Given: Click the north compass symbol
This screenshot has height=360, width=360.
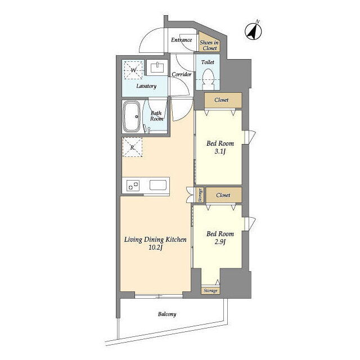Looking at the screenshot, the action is point(253,31).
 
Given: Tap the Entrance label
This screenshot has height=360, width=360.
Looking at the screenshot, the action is point(181,40).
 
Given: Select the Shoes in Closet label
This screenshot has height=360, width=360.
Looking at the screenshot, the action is point(209,45).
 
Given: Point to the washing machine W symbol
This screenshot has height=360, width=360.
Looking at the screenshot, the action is point(133,70).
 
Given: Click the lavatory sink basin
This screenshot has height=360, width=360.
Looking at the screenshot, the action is point(157,67).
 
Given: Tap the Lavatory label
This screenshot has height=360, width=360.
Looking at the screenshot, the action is point(146,86).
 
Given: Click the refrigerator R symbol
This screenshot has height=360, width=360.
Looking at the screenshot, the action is point(132,147).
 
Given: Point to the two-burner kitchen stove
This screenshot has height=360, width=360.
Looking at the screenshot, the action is point(133,185).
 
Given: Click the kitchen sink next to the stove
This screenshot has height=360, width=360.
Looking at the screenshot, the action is point(158,185).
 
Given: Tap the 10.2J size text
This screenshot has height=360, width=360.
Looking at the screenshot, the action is point(156,247).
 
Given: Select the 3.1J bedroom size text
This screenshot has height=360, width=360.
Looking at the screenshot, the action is point(220,151).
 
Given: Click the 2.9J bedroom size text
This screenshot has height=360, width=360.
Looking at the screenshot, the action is point(220,242).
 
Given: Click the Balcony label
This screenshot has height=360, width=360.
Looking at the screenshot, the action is point(167,314).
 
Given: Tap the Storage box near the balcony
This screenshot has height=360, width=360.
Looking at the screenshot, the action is point(210,290).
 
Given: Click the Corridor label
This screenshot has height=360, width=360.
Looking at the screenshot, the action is point(181,74).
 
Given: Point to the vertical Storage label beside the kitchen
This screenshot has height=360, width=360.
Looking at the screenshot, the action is point(200,195).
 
